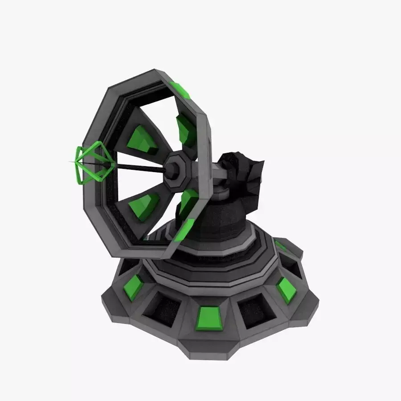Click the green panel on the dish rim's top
[x=180, y=90]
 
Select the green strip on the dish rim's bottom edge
[x=184, y=230]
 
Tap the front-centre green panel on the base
[x=209, y=319]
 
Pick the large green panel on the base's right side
[x=286, y=290]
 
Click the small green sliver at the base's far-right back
[x=281, y=246]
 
